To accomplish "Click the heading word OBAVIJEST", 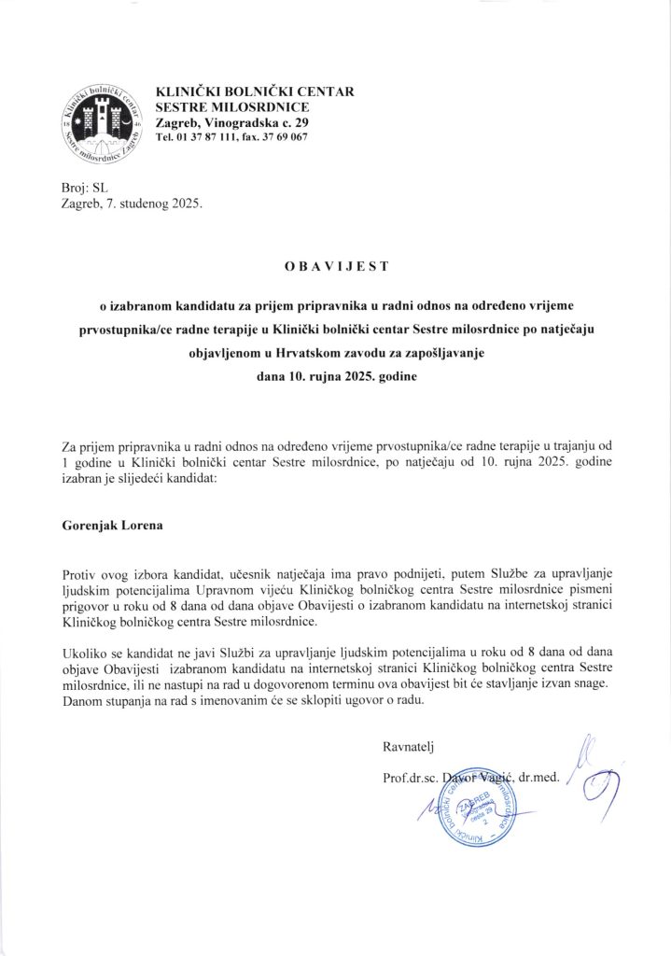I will (x=336, y=267).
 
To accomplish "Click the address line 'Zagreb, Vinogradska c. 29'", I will (x=224, y=123).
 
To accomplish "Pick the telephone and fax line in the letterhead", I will (x=231, y=138).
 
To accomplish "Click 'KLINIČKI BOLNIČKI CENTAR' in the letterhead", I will (x=254, y=91).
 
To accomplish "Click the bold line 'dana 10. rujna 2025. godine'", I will (x=335, y=379).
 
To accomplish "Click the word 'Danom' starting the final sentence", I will (x=81, y=700).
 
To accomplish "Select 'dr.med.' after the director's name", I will (x=539, y=777).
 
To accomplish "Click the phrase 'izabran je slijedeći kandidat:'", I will (x=139, y=479).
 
